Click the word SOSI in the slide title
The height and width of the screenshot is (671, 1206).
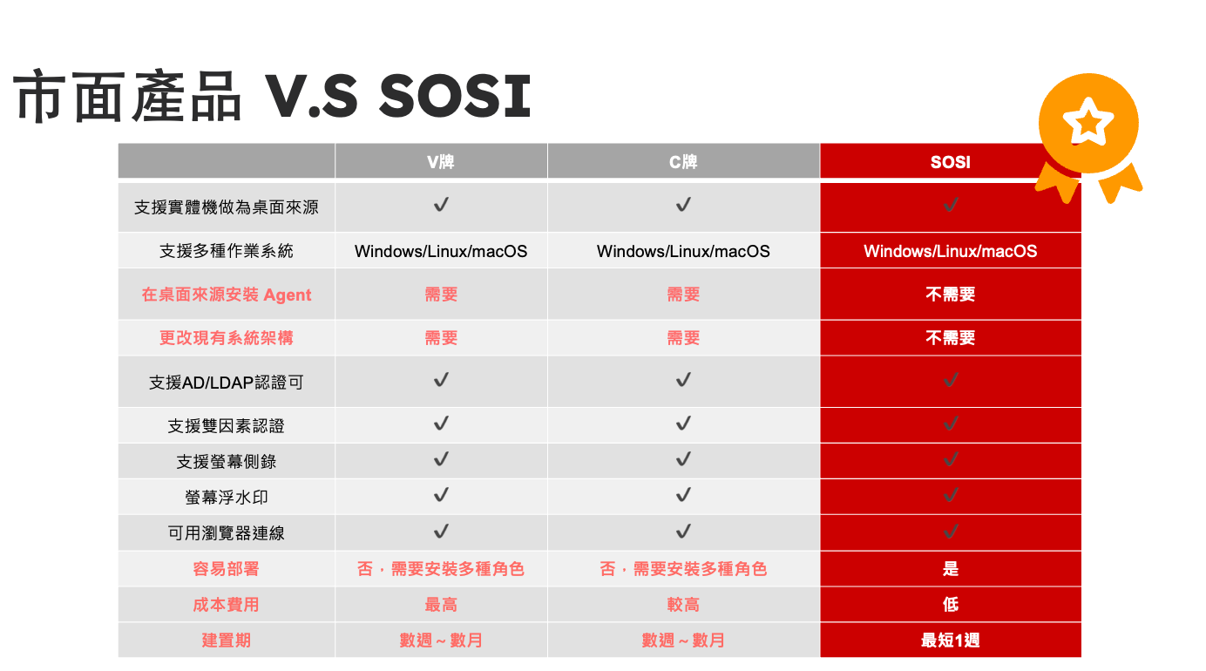coord(456,96)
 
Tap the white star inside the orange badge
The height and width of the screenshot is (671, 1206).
coord(1088,121)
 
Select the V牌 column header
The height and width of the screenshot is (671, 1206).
coord(440,161)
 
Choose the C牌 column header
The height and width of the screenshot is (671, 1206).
coord(683,161)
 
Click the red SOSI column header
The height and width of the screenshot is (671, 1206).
coord(951,162)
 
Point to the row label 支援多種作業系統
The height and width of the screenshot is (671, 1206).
coord(227,251)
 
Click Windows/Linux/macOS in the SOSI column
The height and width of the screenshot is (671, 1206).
coord(951,251)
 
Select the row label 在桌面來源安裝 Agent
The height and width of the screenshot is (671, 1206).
coord(227,295)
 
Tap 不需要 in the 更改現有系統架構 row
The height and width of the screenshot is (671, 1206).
coord(951,337)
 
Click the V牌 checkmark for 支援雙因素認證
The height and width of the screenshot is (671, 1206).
coord(441,424)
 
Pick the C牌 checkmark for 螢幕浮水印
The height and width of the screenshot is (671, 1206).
coord(683,495)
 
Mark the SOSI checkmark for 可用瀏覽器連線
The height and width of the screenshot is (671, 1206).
coord(951,532)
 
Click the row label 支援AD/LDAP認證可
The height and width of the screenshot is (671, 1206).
coord(227,383)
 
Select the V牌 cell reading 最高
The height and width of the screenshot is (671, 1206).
coord(441,605)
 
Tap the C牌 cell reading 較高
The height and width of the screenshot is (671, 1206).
coord(683,605)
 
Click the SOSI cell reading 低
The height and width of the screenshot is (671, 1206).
coord(951,605)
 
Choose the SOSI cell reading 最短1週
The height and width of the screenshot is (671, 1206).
coord(951,640)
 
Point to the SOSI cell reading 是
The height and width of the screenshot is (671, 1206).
coord(951,569)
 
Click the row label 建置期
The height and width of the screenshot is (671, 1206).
coord(227,640)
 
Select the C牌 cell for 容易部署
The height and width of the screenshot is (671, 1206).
coord(683,569)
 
